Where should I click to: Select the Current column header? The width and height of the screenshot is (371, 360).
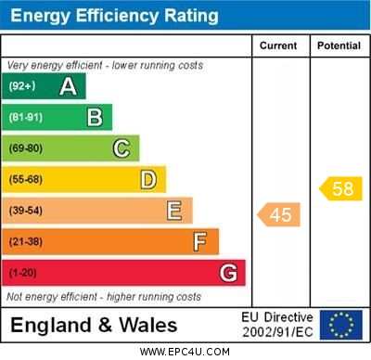pyautogui.click(x=278, y=45)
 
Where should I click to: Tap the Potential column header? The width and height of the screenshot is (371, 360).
pyautogui.click(x=339, y=45)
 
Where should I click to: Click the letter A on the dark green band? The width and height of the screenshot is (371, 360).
pyautogui.click(x=68, y=87)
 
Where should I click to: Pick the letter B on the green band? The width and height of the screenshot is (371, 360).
pyautogui.click(x=95, y=118)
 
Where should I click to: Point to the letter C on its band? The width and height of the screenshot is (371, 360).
pyautogui.click(x=122, y=148)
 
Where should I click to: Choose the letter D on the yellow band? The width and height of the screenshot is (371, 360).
pyautogui.click(x=148, y=179)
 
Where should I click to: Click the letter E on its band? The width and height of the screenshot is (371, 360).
pyautogui.click(x=174, y=211)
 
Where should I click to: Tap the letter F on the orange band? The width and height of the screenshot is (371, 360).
pyautogui.click(x=200, y=242)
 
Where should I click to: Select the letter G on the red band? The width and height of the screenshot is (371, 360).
pyautogui.click(x=228, y=274)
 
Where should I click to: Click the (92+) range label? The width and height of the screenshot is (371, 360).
pyautogui.click(x=22, y=87)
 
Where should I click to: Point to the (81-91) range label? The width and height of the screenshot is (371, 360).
pyautogui.click(x=26, y=118)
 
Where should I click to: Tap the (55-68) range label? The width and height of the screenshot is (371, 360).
pyautogui.click(x=26, y=179)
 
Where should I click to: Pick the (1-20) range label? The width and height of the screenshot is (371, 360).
pyautogui.click(x=23, y=274)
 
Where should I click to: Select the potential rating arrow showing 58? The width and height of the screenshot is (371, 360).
pyautogui.click(x=340, y=188)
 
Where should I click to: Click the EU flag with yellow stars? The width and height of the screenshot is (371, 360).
pyautogui.click(x=340, y=325)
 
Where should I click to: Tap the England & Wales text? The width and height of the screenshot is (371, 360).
pyautogui.click(x=94, y=325)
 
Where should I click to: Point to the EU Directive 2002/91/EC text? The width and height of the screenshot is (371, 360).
pyautogui.click(x=278, y=325)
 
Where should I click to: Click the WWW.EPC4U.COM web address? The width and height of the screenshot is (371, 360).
pyautogui.click(x=185, y=352)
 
